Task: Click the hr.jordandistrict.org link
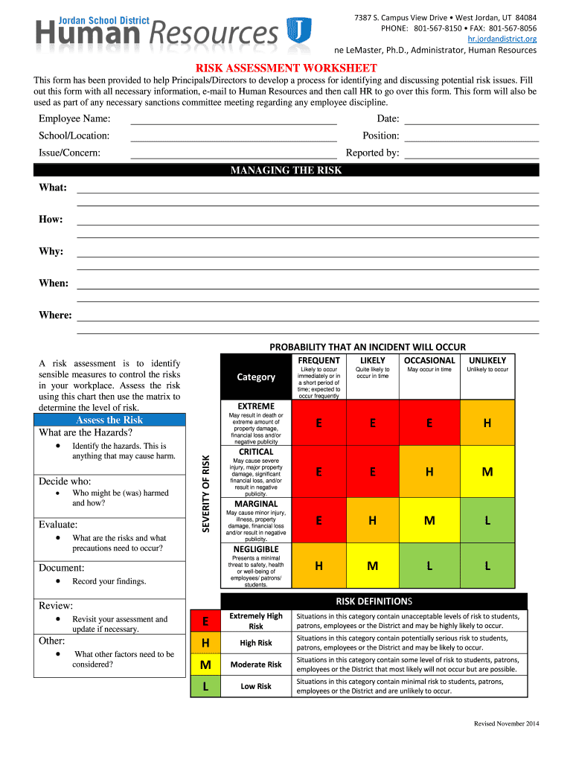click(502, 38)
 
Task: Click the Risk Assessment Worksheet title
click(286, 68)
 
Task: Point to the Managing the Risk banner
click(286, 170)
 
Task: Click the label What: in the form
click(53, 188)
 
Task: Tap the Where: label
click(55, 316)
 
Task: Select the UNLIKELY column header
click(487, 360)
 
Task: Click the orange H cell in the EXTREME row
click(487, 423)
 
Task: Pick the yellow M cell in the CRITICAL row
click(487, 472)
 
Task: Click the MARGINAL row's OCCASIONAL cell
click(429, 521)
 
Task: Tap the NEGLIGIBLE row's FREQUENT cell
click(318, 566)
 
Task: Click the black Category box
click(255, 377)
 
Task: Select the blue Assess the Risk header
click(109, 420)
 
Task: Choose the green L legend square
click(205, 686)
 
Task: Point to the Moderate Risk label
click(255, 665)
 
